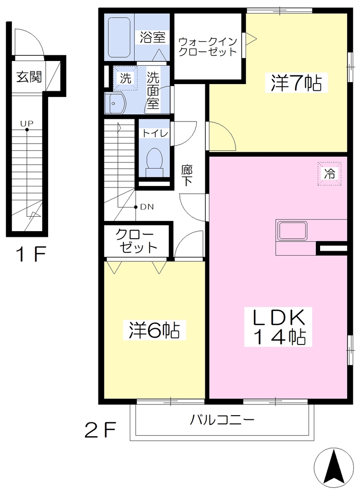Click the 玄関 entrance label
[x=29, y=76]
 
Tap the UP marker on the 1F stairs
[x=27, y=123]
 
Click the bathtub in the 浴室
[x=119, y=37]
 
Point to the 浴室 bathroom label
[x=152, y=37]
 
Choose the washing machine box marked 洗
[x=125, y=78]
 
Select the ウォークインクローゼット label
[x=208, y=47]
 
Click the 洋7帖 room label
[x=297, y=83]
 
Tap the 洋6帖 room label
[x=154, y=330]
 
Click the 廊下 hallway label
[x=187, y=176]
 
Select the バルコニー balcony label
[x=222, y=419]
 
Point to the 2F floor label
[x=100, y=430]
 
